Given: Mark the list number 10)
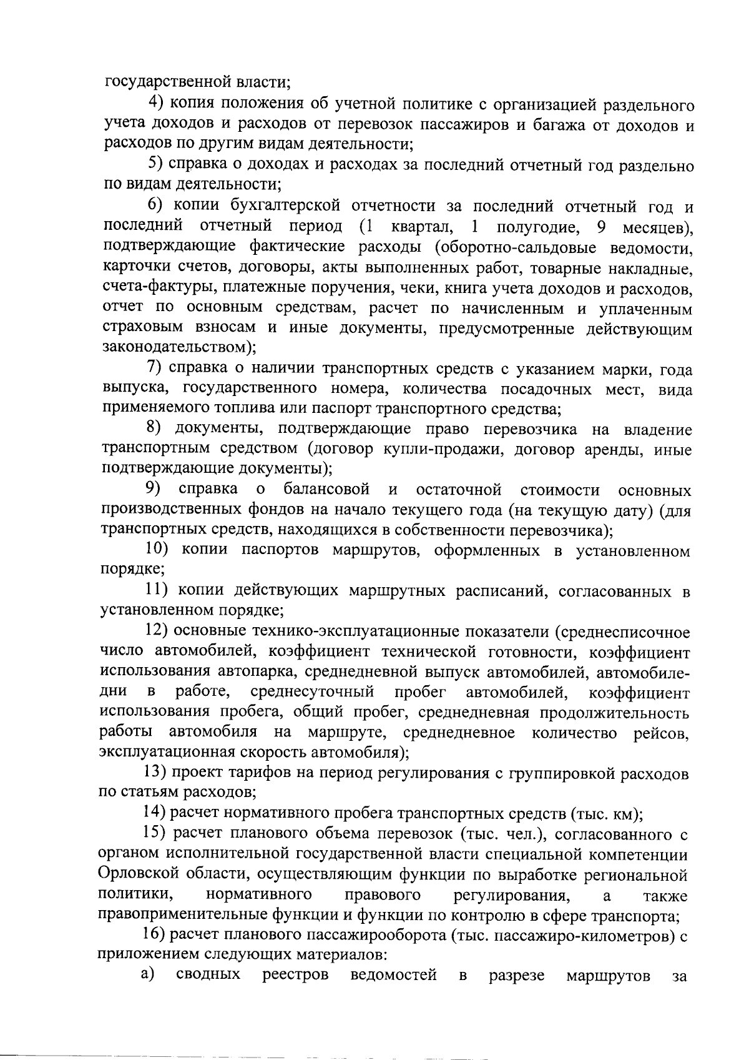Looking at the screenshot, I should (x=159, y=550).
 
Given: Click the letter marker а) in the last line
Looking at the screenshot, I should (x=147, y=975).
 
